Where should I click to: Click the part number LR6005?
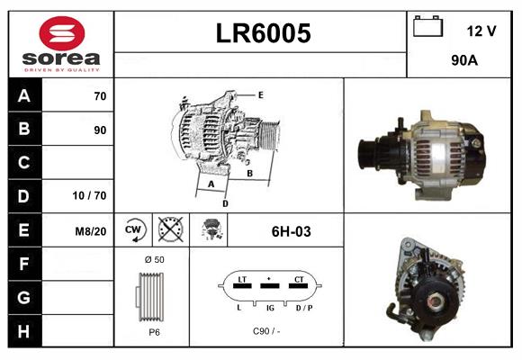[x=264, y=33]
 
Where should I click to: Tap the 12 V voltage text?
[x=481, y=31]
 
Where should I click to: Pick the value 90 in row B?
[x=100, y=130]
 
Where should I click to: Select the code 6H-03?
[x=290, y=231]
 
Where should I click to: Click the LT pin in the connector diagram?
[x=241, y=281]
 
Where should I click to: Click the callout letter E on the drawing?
[x=260, y=94]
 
